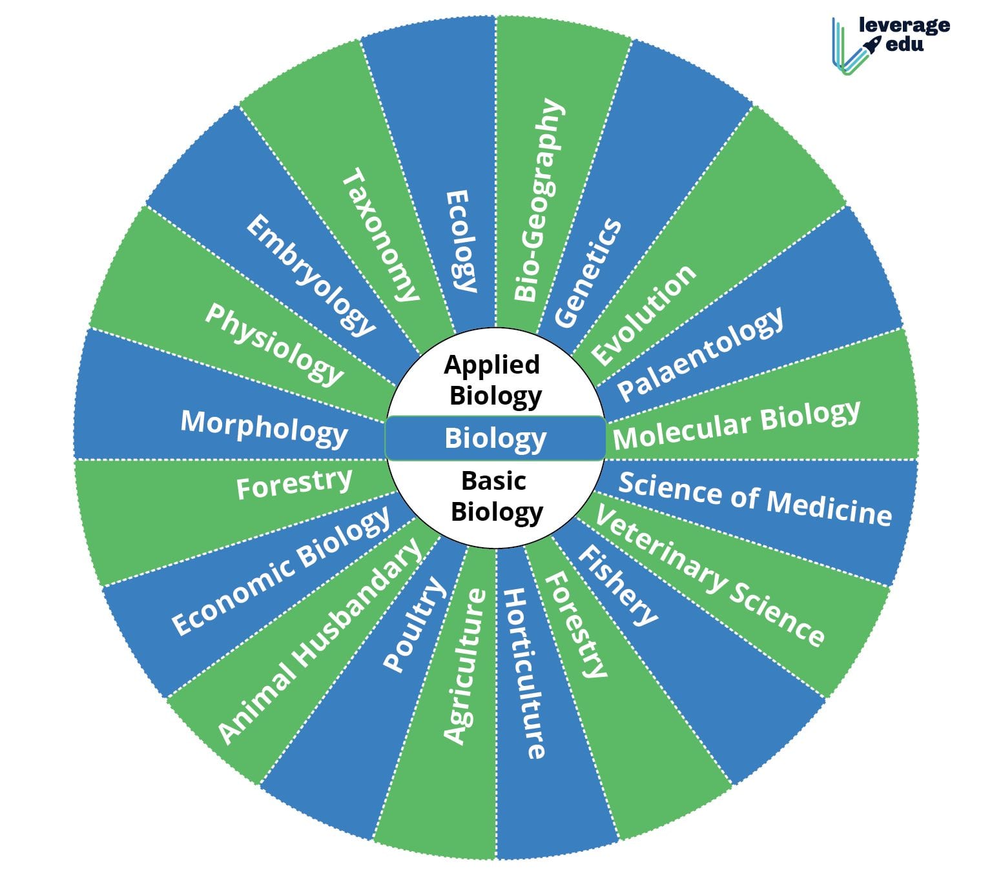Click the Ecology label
coord(461,241)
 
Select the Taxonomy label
coord(380,236)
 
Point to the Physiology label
coord(274,343)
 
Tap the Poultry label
coord(414,624)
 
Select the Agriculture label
coord(464,666)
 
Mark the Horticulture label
coord(524,673)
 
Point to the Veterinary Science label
coord(709,576)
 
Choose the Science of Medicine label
coord(755,499)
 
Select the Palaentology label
coord(701,353)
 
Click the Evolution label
coord(644,315)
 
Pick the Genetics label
coord(588,273)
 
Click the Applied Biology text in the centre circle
coord(494,381)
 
